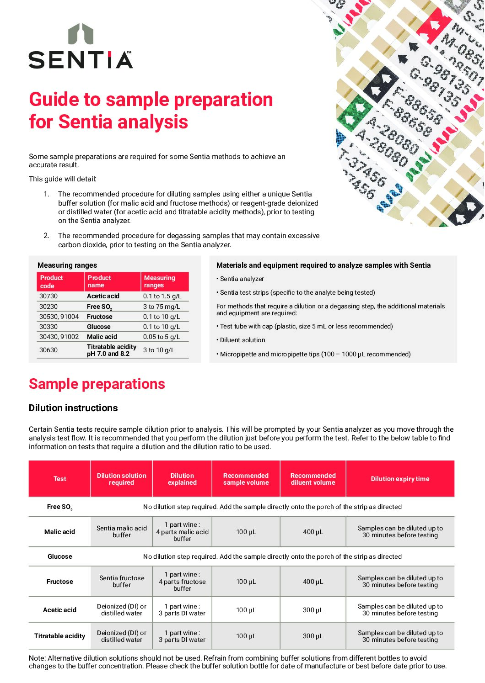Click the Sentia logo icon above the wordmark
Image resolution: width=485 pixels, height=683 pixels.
[81, 34]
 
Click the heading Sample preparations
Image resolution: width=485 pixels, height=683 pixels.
[97, 384]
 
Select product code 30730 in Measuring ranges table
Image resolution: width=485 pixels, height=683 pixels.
[48, 296]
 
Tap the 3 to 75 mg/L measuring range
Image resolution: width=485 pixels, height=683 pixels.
[162, 307]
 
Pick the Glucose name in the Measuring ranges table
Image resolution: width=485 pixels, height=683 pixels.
[99, 327]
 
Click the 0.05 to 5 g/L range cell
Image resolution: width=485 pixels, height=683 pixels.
[162, 337]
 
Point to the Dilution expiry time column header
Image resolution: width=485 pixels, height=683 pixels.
[400, 479]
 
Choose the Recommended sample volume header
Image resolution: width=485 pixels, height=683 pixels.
[246, 479]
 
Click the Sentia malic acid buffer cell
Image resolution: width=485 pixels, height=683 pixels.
[122, 531]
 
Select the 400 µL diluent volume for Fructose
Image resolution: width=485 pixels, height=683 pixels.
[313, 582]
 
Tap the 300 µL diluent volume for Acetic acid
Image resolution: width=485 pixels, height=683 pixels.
[313, 610]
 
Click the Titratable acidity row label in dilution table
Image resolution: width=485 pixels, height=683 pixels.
[59, 636]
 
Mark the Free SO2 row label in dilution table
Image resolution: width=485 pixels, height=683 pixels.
[59, 507]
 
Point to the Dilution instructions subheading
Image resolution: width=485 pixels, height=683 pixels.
[73, 408]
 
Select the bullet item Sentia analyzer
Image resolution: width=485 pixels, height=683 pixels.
[242, 279]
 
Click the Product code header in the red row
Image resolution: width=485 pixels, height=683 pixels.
[51, 281]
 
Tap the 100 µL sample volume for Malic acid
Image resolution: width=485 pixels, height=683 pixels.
[246, 532]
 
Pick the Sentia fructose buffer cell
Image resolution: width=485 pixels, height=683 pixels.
[122, 581]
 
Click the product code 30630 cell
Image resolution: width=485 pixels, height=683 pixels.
[48, 350]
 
